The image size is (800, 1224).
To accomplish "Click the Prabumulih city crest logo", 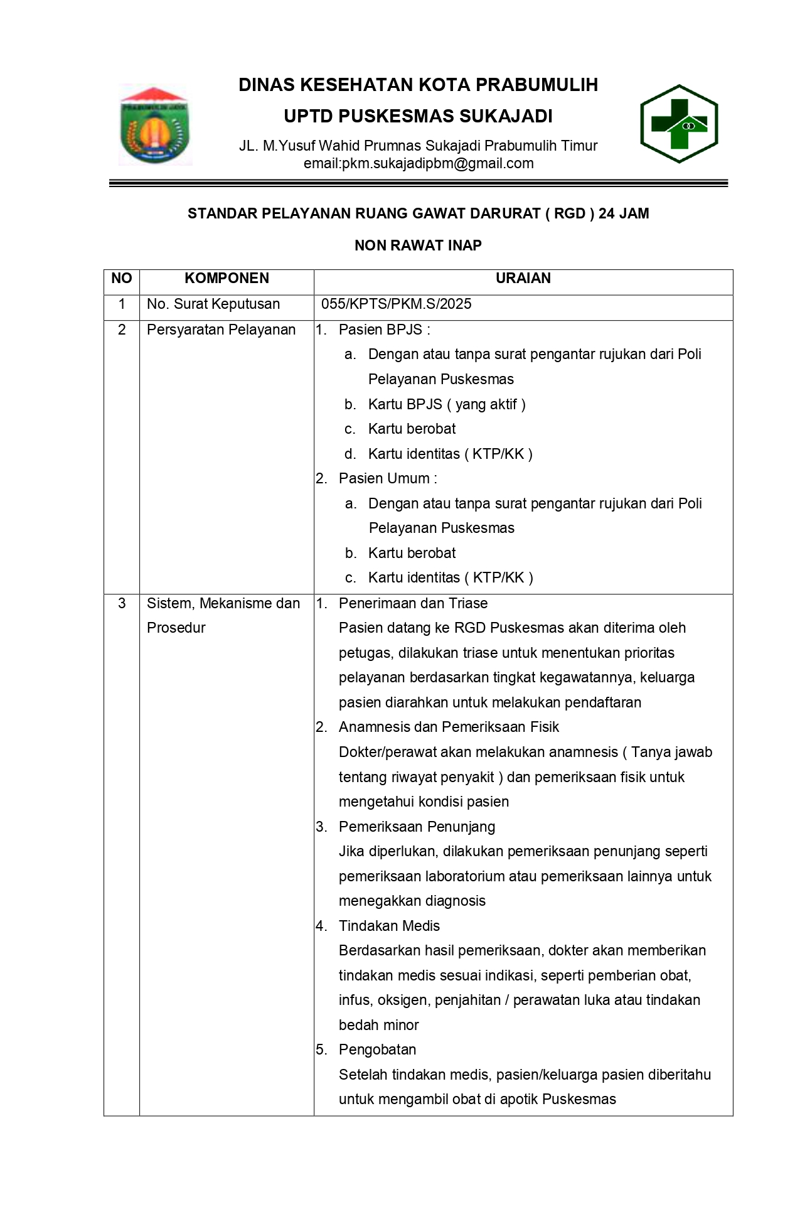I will click(154, 125).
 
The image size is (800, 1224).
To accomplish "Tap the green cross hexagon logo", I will click(679, 124).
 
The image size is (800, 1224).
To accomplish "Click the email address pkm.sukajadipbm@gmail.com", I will click(419, 164).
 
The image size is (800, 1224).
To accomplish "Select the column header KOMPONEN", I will click(227, 279).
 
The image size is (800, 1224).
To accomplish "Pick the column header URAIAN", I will click(523, 279).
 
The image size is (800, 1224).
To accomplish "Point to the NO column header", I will click(122, 279).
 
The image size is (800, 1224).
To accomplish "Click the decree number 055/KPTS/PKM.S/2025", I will click(396, 304).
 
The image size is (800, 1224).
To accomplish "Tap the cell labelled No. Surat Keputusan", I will click(213, 304).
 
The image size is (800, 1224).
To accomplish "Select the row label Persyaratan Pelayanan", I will click(221, 330).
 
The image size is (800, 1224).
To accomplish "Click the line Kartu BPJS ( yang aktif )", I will click(447, 404).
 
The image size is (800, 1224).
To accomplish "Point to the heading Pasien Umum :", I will click(388, 479).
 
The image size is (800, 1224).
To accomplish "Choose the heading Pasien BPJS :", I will click(384, 330).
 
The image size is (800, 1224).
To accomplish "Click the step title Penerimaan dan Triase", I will click(413, 604).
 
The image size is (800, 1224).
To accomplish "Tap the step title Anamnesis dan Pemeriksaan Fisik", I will click(449, 727).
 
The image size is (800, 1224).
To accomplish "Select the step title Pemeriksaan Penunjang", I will click(417, 827).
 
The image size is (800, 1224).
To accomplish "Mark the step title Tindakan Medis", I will click(389, 926).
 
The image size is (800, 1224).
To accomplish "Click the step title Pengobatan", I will click(377, 1050).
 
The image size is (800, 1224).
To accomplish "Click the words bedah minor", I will click(378, 1026).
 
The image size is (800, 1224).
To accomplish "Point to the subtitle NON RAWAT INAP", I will click(418, 245).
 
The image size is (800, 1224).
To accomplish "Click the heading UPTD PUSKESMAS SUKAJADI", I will click(418, 117).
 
